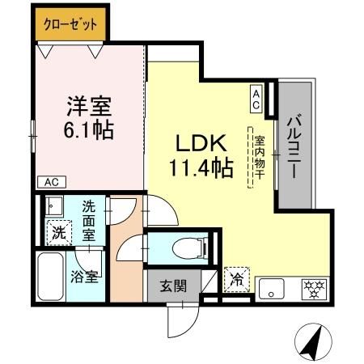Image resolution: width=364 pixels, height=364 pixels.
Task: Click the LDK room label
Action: tap(198, 145)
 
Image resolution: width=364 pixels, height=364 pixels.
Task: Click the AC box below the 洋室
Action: tap(50, 182)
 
